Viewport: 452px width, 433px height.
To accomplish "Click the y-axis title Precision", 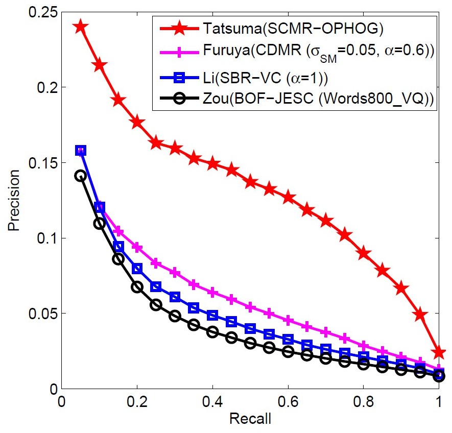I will [x=14, y=200].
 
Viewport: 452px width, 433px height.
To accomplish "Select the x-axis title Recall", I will [x=250, y=420].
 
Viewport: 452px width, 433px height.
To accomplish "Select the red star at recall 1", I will [x=439, y=352].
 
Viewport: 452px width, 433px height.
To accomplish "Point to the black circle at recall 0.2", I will [x=137, y=287].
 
